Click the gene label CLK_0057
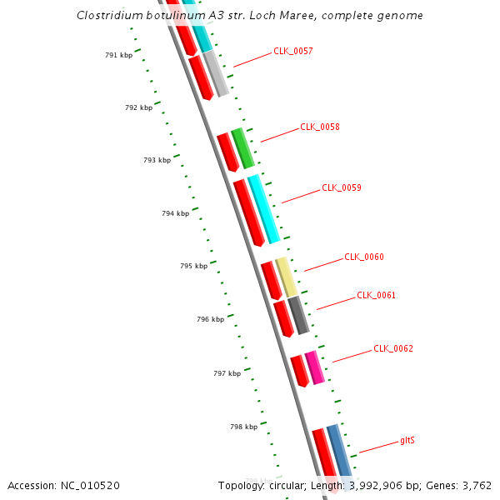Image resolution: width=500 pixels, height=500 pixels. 293,51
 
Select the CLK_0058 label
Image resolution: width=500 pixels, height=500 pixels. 320,127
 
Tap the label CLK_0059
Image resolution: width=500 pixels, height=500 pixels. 342,187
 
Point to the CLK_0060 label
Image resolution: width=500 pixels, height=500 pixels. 364,257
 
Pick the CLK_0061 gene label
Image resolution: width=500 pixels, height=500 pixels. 376,295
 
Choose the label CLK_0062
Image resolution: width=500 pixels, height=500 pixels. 393,348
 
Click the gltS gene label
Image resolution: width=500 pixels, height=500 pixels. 407,439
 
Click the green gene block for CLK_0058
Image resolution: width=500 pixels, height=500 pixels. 242,148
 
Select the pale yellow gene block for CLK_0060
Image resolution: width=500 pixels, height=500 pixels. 286,277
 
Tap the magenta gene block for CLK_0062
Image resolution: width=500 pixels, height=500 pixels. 314,367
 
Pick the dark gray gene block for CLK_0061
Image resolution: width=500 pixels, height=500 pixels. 298,315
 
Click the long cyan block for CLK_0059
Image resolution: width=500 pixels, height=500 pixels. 263,209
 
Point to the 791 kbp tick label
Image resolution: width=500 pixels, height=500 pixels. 118,55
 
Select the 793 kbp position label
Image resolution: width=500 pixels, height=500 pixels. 157,160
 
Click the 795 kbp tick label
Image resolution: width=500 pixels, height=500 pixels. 193,266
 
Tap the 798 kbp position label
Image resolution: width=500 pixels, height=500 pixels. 243,427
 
